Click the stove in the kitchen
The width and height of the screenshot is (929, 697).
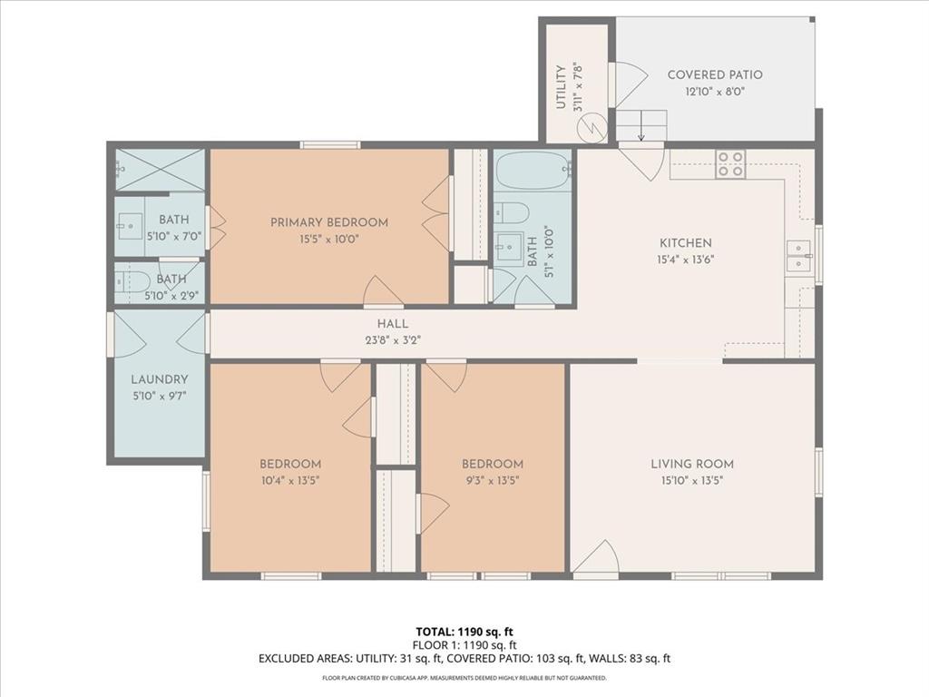point(730,163)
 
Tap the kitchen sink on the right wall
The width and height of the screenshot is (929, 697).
point(798,257)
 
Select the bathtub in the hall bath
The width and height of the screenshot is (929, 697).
point(533,170)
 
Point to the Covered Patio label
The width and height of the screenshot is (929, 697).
point(715,74)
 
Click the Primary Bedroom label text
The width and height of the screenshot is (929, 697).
point(329,221)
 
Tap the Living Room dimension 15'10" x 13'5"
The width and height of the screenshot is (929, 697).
point(692,480)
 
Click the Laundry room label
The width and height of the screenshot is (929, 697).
point(160,379)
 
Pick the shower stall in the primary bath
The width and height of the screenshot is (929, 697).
point(160,170)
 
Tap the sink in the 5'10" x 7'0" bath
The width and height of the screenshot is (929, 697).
point(132,223)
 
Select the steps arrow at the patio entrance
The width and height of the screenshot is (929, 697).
point(641,126)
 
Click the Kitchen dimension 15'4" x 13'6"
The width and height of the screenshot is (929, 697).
point(685,260)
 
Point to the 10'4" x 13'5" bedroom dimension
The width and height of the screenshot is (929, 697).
point(289,480)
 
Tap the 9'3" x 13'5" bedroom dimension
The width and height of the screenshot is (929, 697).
point(493,480)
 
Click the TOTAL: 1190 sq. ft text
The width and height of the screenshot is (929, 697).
point(464,632)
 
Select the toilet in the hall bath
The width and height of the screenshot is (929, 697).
point(513,213)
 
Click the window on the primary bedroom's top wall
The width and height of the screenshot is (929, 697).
point(330,144)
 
